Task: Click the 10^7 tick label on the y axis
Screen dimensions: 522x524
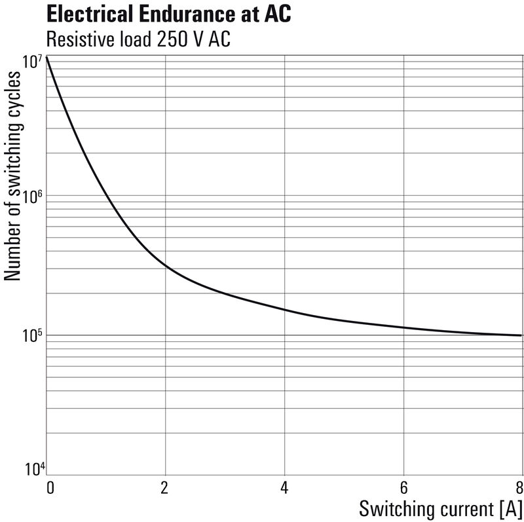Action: click(x=33, y=62)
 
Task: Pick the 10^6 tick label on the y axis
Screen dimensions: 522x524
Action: click(x=33, y=197)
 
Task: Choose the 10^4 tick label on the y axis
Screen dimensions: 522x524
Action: click(x=33, y=470)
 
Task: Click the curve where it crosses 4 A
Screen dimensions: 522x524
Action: click(x=284, y=309)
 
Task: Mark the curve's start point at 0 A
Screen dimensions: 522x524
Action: click(x=47, y=58)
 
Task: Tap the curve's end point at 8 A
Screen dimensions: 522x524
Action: click(x=521, y=335)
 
